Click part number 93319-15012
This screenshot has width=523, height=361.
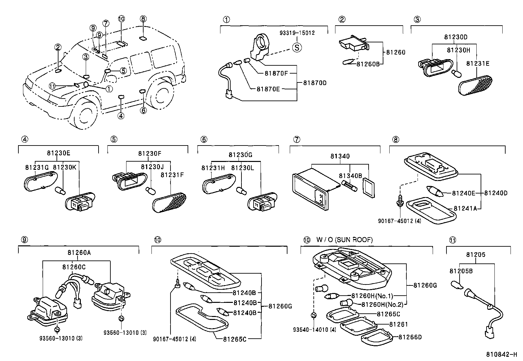point(297,33)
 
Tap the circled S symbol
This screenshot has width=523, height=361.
point(297,48)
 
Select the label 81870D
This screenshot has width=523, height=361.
point(315,83)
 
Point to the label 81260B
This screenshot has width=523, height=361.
point(368,64)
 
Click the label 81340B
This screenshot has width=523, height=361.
point(350,176)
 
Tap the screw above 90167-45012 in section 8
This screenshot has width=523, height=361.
point(399,199)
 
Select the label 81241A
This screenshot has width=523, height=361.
point(465,208)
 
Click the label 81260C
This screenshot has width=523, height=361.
point(74,267)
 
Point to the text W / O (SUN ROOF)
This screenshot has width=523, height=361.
point(345,240)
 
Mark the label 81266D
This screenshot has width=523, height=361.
point(410,337)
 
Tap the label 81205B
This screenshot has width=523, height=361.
point(461,271)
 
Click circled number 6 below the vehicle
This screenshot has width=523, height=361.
point(143,110)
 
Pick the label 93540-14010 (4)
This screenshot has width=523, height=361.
point(315,329)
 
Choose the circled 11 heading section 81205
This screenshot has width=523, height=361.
point(452,240)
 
